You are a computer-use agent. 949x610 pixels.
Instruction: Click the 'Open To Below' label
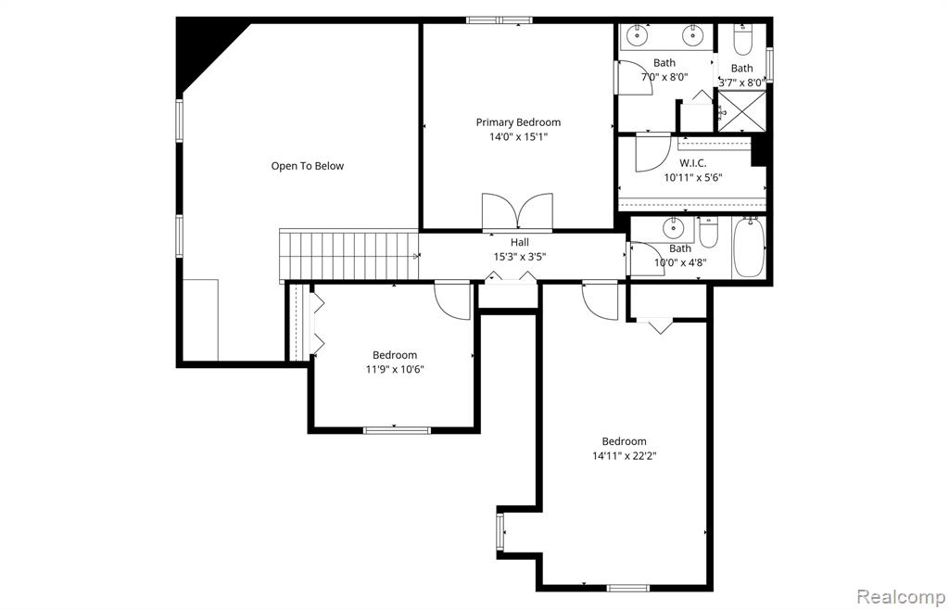[x=307, y=166]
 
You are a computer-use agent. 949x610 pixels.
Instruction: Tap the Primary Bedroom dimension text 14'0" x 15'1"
[x=518, y=137]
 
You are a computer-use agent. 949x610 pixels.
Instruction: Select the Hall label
[x=519, y=243]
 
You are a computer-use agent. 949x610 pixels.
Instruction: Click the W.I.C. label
[x=692, y=163]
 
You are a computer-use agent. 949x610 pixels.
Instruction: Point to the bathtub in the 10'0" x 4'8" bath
[x=749, y=248]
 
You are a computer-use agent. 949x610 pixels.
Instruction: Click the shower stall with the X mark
[x=741, y=110]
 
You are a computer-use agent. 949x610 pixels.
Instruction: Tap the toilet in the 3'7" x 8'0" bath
[x=742, y=41]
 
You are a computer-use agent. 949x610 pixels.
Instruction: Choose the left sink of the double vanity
[x=637, y=36]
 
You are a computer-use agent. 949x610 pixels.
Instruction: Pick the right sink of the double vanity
[x=691, y=36]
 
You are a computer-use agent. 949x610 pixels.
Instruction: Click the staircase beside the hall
[x=348, y=255]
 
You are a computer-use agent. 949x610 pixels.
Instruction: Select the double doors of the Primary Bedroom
[x=517, y=211]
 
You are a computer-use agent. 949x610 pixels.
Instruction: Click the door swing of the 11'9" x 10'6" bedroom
[x=452, y=300]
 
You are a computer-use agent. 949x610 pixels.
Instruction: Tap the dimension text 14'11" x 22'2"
[x=625, y=456]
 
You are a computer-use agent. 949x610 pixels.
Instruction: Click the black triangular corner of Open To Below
[x=203, y=48]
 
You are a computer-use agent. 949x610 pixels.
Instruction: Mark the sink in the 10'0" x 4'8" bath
[x=671, y=229]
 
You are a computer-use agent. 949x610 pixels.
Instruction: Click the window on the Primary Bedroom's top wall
[x=500, y=20]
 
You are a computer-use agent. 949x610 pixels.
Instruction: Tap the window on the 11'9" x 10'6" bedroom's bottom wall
[x=397, y=430]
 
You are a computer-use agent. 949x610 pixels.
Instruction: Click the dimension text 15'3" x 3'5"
[x=520, y=257]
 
